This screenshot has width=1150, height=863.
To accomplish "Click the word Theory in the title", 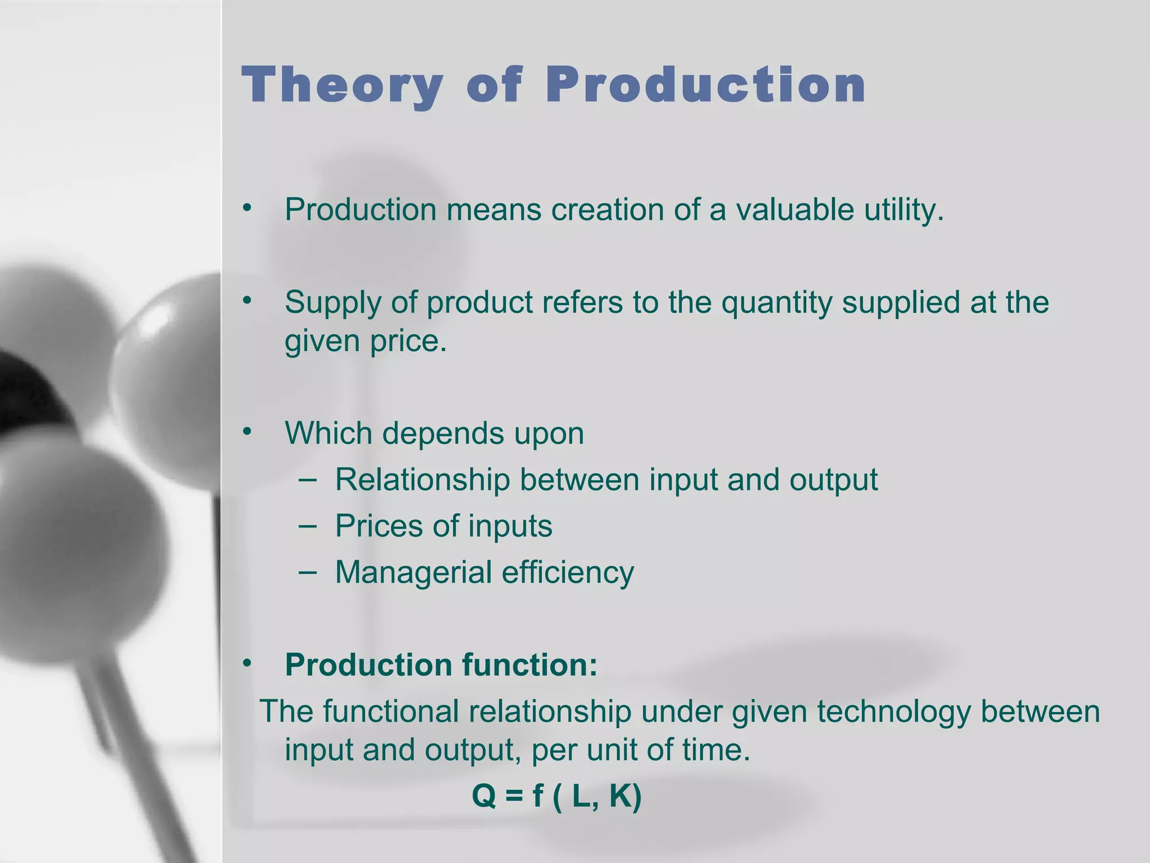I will [341, 85].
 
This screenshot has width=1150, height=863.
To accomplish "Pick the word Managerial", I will [413, 572].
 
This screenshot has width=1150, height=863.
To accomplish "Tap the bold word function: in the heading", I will [530, 665].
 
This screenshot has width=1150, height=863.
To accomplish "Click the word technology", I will [893, 711].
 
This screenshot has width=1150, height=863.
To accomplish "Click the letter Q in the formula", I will [484, 796].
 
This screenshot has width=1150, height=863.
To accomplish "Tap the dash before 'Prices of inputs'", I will [307, 525].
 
